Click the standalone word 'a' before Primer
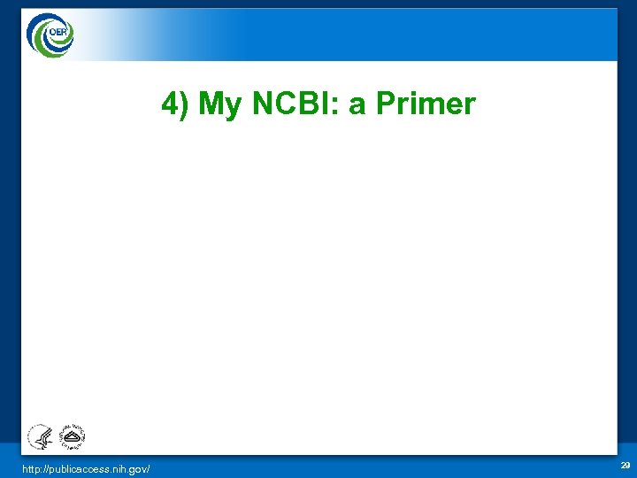(x=357, y=108)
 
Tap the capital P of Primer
(x=386, y=104)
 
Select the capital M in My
(x=215, y=104)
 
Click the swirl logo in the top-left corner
(x=49, y=34)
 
